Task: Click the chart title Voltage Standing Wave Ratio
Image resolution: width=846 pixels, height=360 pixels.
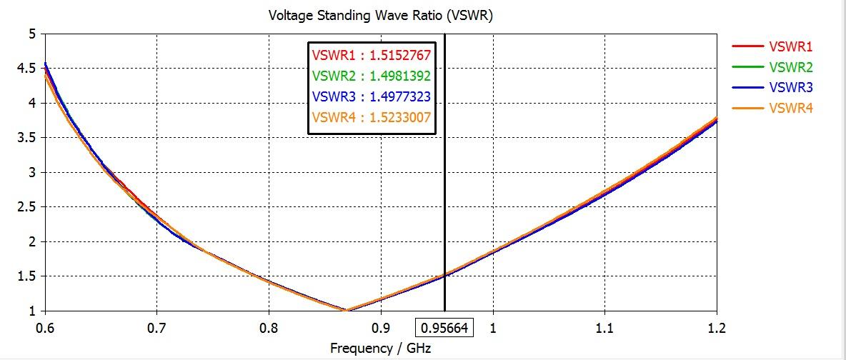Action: point(380,16)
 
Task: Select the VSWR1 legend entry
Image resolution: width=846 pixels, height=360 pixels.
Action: point(790,46)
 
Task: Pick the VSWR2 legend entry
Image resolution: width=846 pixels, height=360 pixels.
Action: point(790,67)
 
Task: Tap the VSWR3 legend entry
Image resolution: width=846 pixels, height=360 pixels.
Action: point(790,87)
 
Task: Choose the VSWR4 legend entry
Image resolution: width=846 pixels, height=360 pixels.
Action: point(790,108)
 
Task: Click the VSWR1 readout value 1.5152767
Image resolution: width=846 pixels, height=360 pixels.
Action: point(400,54)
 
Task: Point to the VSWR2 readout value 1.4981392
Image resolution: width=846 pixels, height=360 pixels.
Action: point(400,75)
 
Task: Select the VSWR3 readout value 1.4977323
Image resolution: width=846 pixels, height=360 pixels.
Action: point(400,96)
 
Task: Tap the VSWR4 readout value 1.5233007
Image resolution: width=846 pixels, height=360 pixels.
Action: point(400,117)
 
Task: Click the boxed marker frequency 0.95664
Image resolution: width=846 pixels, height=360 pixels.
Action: point(444,328)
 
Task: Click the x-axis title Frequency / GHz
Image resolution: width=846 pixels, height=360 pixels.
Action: point(381,348)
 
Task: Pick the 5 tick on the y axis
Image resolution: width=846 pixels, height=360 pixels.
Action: point(31,34)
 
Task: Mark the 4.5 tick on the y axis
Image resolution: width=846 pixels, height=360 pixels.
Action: point(26,69)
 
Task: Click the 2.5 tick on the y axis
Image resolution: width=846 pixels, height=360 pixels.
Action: point(26,207)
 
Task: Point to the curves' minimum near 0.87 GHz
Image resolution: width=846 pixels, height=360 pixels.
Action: point(347,310)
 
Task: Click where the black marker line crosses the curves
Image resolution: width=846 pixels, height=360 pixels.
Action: point(444,275)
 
